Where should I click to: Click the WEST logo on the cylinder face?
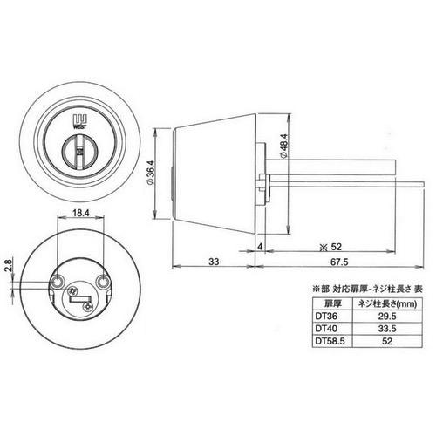click(x=80, y=121)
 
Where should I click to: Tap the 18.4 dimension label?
click(x=80, y=213)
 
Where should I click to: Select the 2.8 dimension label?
click(x=9, y=265)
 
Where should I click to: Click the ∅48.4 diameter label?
click(x=283, y=146)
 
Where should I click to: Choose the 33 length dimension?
click(x=214, y=262)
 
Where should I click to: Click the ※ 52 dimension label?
click(x=330, y=247)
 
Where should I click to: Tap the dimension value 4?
click(x=260, y=247)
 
